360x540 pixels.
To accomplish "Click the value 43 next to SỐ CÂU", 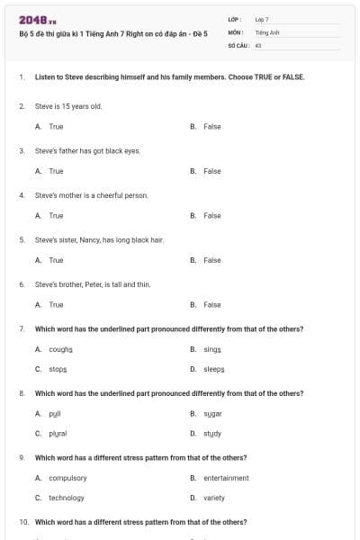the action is pos(258,44).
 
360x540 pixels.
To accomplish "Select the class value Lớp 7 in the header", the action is pos(262,19).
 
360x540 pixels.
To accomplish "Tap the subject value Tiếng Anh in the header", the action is pos(267,31).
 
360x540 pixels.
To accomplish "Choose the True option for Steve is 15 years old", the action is pos(56,127).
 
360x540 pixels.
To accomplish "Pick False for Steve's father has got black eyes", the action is pos(211,171).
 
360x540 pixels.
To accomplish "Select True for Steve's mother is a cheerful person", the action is pos(56,216).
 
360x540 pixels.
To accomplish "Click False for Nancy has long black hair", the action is pos(211,260).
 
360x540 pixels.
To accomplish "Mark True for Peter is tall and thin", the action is pos(56,305).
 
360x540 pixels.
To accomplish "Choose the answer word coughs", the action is pos(61,349).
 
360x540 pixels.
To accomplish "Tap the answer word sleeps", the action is pos(213,369).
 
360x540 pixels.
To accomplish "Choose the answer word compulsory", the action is pos(67,478).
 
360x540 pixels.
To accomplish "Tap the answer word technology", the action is pos(67,498).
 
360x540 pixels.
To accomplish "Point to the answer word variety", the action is pos(214,498).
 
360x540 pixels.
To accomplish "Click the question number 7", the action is pos(21,329).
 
